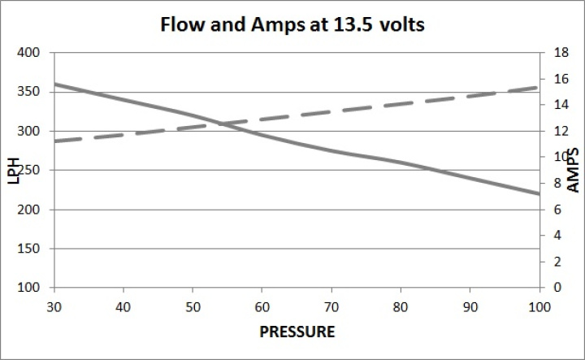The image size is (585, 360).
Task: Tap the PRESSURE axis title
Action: [297, 332]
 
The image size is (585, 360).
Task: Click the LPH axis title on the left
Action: [14, 170]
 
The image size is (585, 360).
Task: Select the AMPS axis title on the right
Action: [573, 170]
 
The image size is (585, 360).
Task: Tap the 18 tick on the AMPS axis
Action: [558, 53]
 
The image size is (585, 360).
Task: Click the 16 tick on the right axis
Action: [558, 79]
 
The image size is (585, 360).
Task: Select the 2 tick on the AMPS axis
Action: [556, 262]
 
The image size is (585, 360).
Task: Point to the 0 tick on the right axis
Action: [556, 288]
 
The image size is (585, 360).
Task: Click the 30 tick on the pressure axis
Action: [54, 307]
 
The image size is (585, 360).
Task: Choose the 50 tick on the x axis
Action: [192, 307]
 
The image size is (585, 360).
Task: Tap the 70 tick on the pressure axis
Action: [330, 307]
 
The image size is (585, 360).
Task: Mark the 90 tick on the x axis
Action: [469, 307]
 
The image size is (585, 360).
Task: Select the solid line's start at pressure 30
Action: [54, 85]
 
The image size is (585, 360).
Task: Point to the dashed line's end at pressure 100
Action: [538, 86]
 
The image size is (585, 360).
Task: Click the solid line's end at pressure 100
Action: [538, 193]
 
